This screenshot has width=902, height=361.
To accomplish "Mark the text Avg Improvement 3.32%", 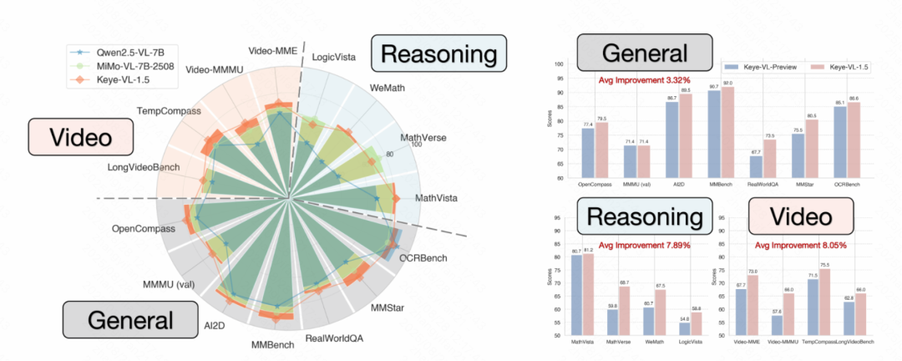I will (x=643, y=80).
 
